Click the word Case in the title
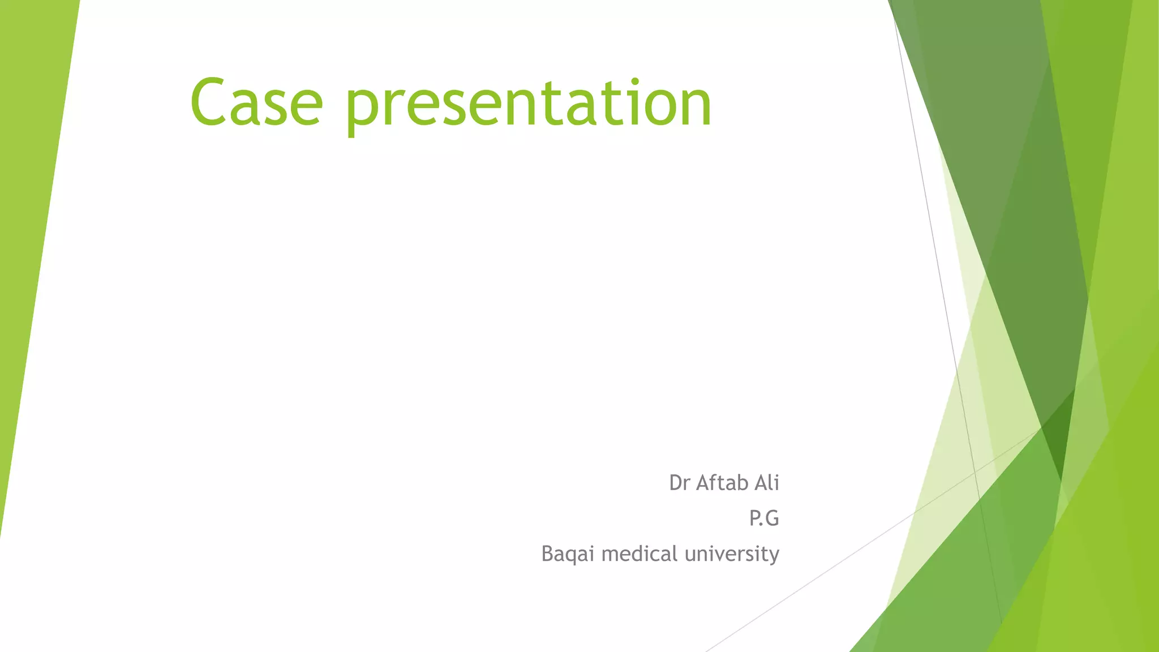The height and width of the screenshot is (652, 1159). point(256,104)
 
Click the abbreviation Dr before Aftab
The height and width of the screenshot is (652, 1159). point(679,483)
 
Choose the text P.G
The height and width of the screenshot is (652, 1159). point(764,518)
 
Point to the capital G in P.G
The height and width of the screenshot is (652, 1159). point(771,518)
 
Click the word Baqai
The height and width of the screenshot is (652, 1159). point(568,554)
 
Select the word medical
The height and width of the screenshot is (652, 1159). point(639,554)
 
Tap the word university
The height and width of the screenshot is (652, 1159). point(731,554)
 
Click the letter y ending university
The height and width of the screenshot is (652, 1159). point(773,556)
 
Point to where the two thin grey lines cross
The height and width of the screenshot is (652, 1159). point(975,471)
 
